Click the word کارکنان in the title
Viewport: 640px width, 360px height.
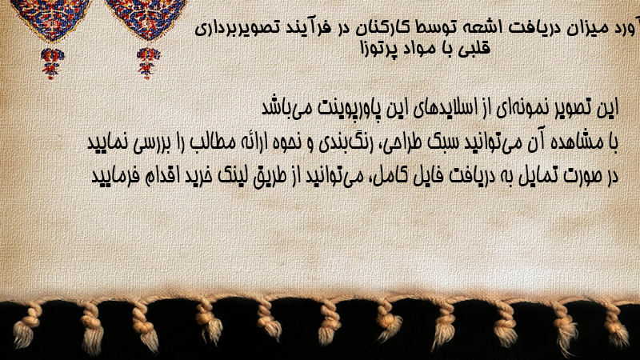pos(371,28)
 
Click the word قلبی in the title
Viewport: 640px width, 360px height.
pos(476,48)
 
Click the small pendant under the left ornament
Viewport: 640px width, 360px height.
pos(52,63)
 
